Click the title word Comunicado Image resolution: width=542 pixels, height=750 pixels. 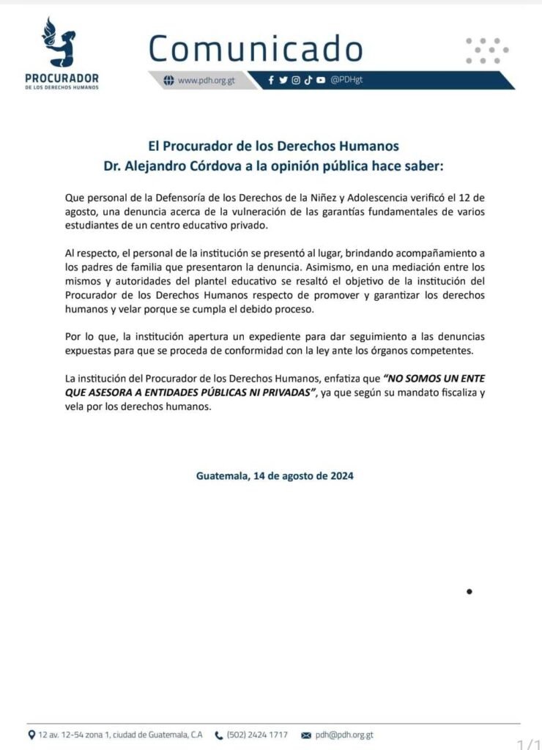point(256,48)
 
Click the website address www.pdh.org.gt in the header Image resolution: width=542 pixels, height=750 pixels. point(206,81)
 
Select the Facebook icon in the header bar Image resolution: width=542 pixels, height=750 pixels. point(272,81)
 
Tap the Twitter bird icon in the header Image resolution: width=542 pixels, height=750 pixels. point(283,81)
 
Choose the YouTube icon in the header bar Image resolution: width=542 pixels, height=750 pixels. point(321,81)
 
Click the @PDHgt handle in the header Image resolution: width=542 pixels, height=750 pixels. point(346,81)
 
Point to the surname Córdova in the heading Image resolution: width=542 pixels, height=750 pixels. point(221,166)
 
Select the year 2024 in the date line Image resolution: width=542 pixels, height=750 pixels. point(341,475)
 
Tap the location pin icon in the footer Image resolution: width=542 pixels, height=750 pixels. point(31,735)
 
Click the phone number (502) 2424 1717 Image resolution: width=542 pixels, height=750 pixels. point(257,735)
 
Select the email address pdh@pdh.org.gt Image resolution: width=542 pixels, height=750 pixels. point(344,735)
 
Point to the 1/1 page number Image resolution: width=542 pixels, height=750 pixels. point(529,744)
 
